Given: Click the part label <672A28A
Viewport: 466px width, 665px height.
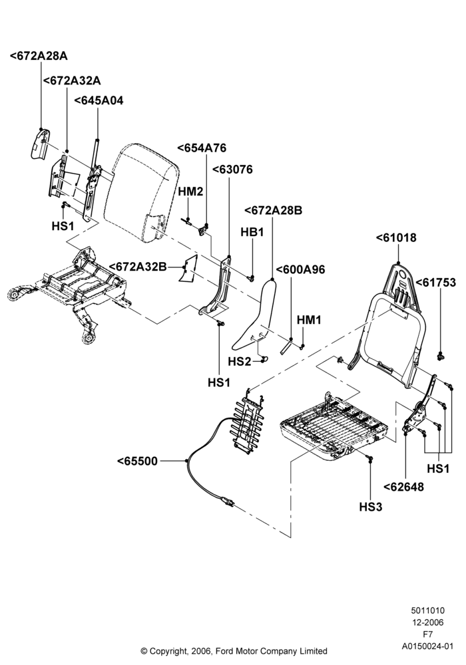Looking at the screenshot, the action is [x=39, y=56].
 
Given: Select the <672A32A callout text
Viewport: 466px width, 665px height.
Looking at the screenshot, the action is [x=72, y=80].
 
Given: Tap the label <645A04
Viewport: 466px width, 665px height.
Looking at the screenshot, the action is [x=99, y=100].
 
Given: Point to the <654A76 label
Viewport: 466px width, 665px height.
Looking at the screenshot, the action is [x=202, y=148].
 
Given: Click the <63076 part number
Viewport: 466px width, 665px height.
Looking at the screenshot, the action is [x=232, y=169].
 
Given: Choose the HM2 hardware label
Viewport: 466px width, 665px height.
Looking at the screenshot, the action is [x=190, y=192].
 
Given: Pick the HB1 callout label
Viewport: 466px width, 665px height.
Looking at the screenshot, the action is [x=252, y=232].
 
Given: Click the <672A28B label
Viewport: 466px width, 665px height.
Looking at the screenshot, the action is [x=274, y=210].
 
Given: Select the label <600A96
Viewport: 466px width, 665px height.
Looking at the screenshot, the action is [x=300, y=269].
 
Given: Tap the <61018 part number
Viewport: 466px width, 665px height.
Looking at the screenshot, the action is [x=396, y=237].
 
